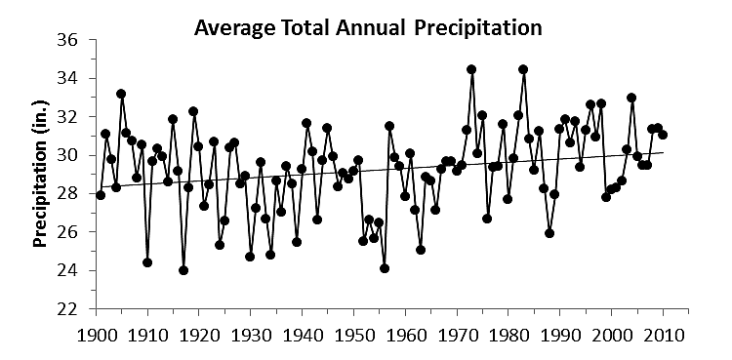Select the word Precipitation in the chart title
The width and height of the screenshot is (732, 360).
click(x=478, y=27)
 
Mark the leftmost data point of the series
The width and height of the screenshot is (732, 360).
click(x=101, y=195)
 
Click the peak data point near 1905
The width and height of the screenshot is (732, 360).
click(x=121, y=94)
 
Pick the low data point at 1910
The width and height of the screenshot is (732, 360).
click(x=147, y=262)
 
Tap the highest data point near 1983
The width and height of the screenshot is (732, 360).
click(x=523, y=69)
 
